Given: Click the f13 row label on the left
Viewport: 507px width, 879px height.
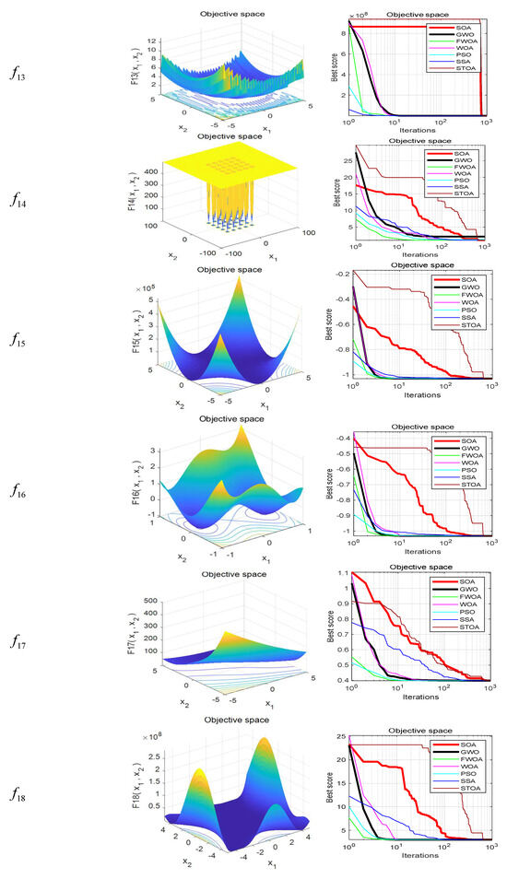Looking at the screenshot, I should coord(21,66).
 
